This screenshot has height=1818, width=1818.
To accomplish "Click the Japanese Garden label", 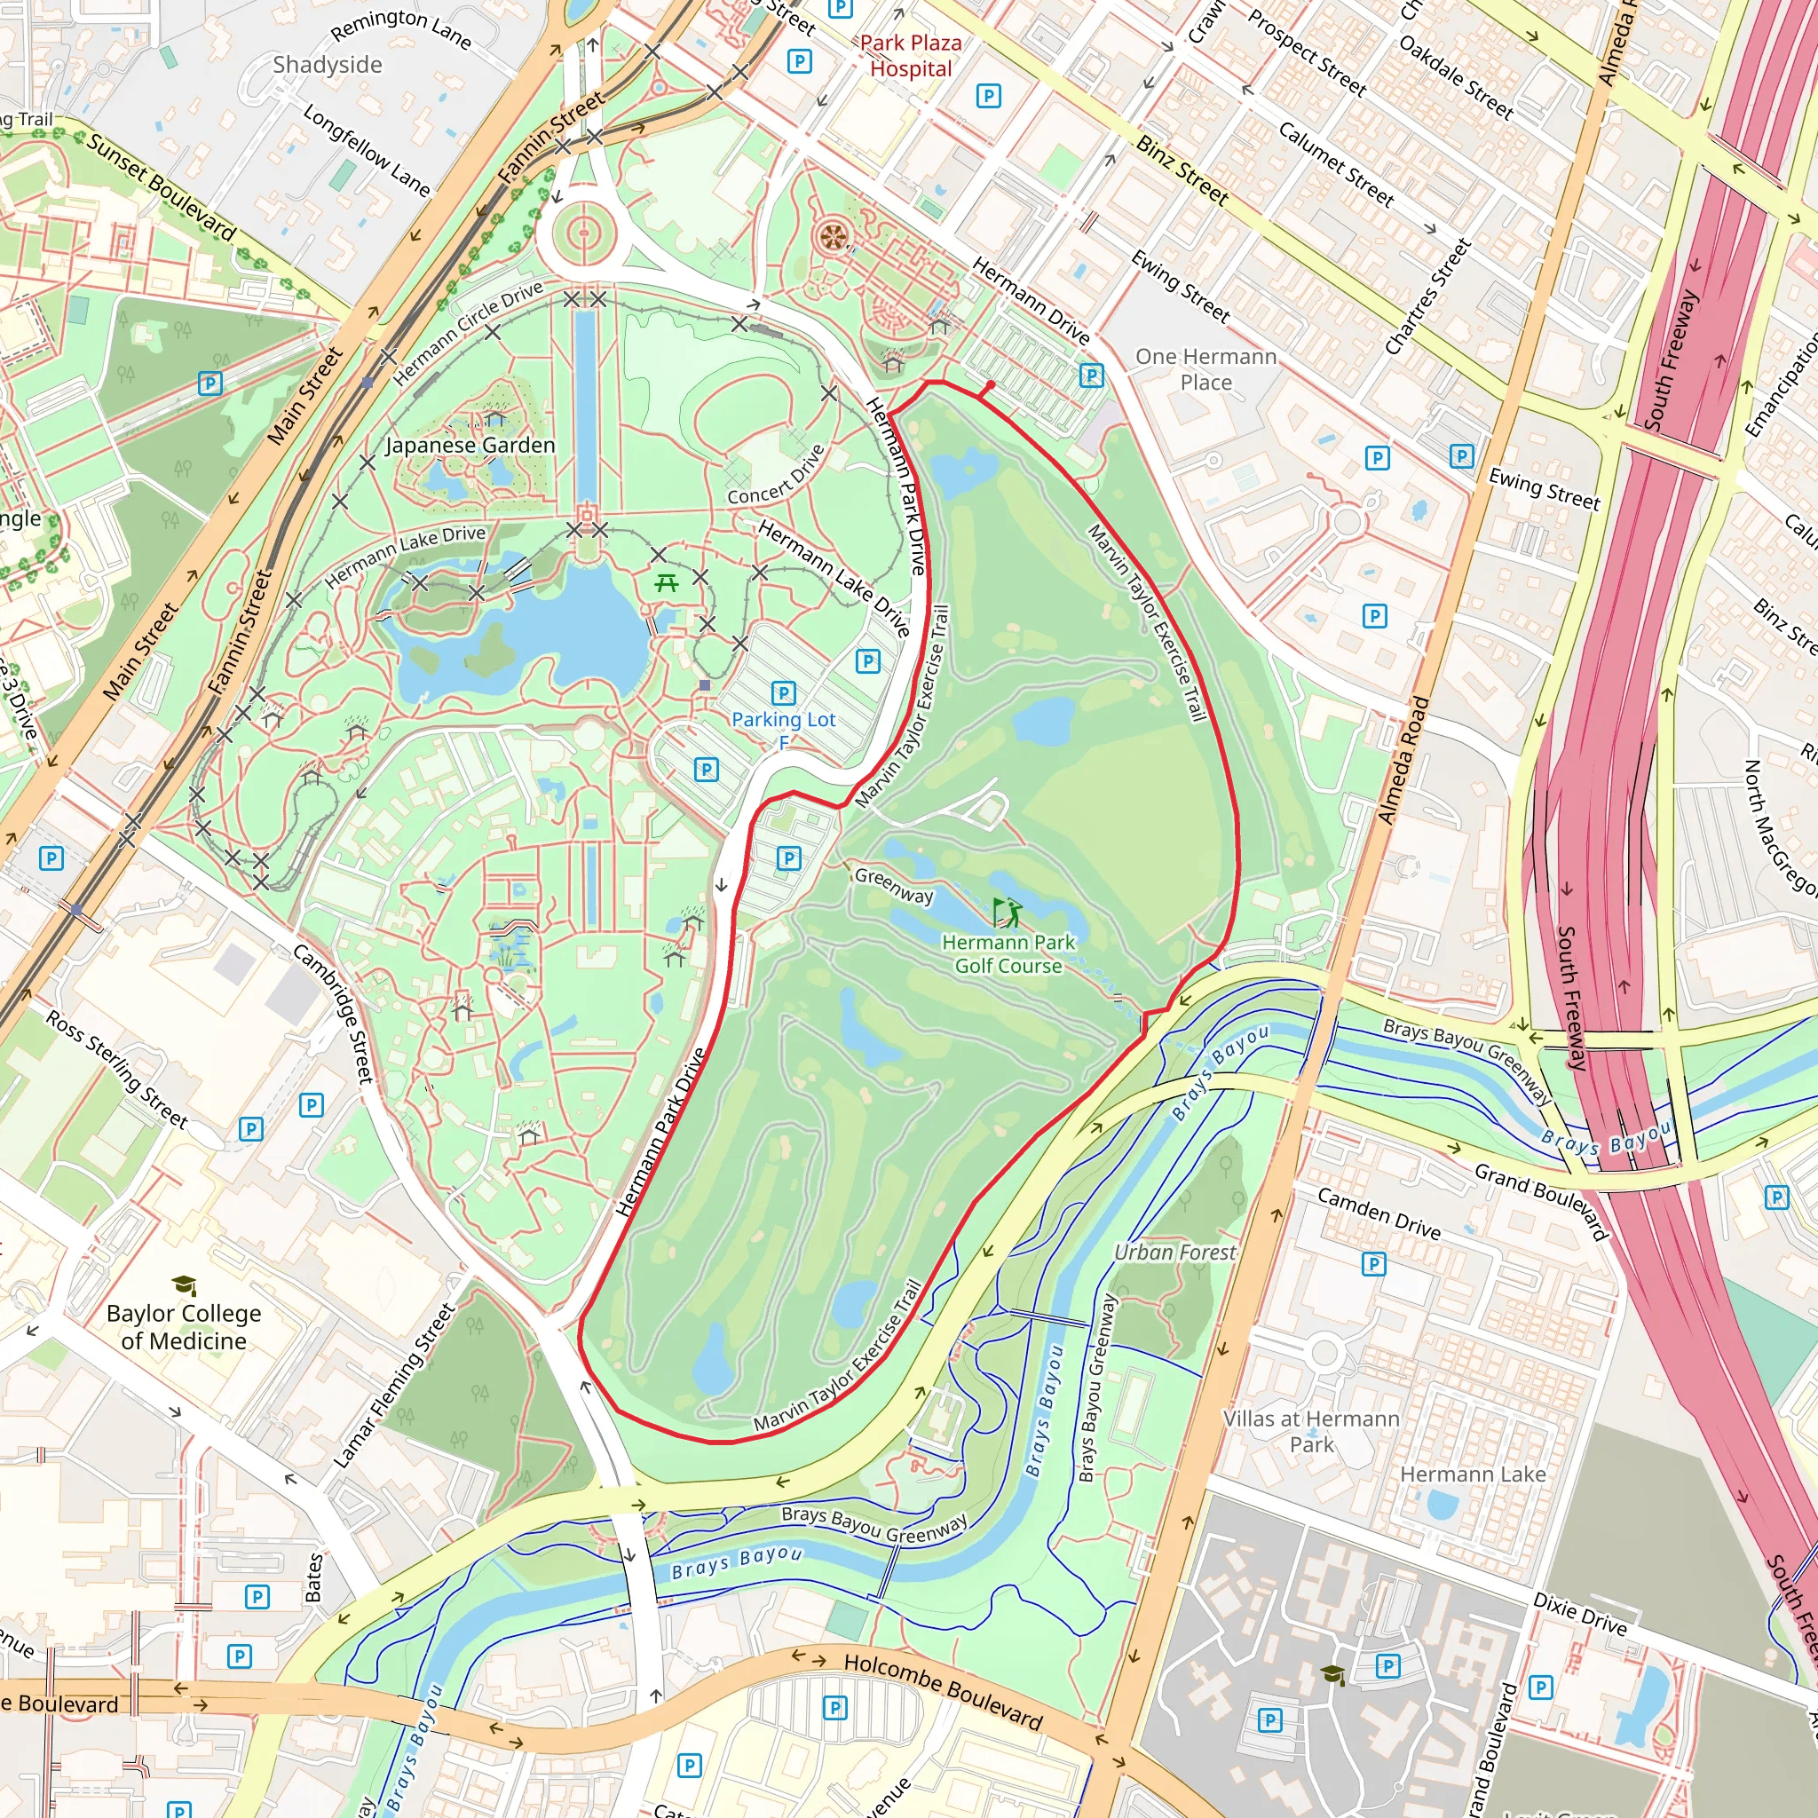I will coord(470,445).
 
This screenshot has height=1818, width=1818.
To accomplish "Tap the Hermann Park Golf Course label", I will coord(1008,953).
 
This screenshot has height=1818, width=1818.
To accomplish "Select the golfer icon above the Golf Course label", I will coord(1006,912).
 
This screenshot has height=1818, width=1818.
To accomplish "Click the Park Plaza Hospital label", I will coord(910,56).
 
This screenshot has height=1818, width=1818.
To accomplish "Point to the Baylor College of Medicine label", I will coord(184,1326).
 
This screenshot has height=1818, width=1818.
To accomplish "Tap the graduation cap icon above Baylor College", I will coord(184,1284).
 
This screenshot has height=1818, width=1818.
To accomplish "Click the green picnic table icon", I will coord(667,582).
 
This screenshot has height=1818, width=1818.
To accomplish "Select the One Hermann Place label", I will coord(1205,369).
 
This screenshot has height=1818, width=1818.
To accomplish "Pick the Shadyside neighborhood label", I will coord(328,65).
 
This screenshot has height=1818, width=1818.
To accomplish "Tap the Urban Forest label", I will coord(1174,1252).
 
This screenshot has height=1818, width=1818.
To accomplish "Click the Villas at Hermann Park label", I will coord(1311,1430).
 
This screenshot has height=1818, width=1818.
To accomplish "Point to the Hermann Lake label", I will coord(1472,1474).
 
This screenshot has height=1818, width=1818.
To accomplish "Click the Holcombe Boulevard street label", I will coord(943,1690).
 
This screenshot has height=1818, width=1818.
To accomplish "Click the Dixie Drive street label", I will coord(1579,1613).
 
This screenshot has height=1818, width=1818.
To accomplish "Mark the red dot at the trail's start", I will coord(990,386).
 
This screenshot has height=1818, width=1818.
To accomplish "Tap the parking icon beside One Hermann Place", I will coord(1091,375).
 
